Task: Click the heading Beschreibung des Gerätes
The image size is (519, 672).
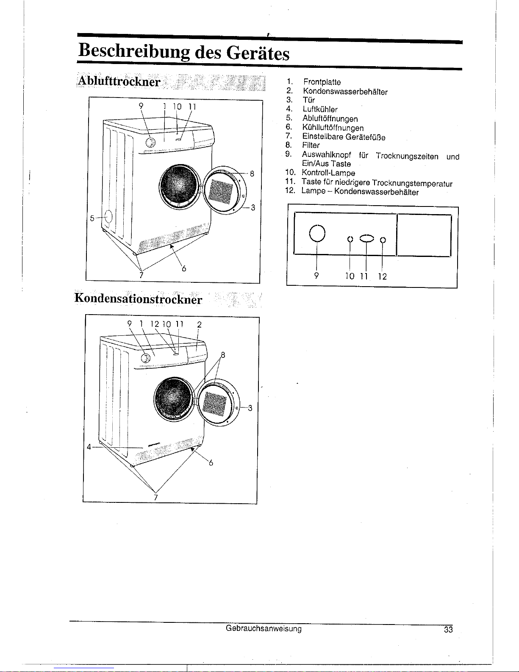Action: tap(184, 53)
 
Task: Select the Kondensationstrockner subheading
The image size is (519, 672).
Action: tap(138, 298)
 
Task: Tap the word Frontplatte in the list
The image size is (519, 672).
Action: tap(322, 82)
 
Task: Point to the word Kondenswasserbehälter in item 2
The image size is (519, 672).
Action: tap(345, 92)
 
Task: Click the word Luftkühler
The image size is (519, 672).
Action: tap(319, 109)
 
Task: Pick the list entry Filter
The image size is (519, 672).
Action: tap(311, 145)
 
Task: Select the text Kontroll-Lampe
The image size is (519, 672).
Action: tap(328, 173)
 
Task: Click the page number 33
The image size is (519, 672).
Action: tap(448, 630)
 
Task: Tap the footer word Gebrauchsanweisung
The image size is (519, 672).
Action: tap(264, 628)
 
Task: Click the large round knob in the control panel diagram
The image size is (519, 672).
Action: tap(317, 233)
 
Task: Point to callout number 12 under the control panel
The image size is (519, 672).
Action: tap(382, 276)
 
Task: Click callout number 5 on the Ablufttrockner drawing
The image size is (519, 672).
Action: tap(92, 218)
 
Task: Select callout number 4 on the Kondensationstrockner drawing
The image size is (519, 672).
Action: tap(89, 446)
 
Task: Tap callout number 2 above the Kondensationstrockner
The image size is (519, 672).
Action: tap(199, 325)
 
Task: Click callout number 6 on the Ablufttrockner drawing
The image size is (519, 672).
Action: tap(184, 268)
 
